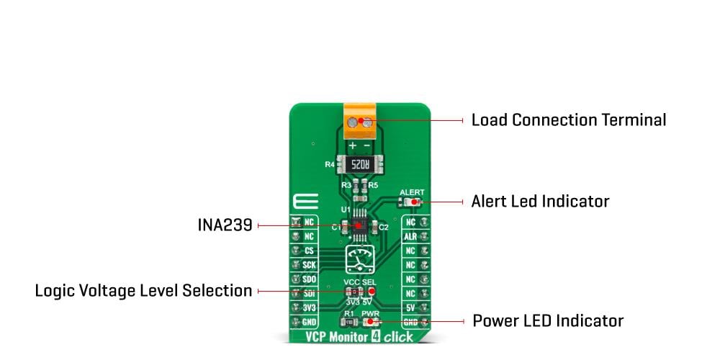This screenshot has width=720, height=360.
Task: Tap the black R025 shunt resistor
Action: point(360,164)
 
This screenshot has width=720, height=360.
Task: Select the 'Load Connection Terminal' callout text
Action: point(568,120)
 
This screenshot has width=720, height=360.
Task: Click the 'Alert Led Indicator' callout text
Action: point(540,202)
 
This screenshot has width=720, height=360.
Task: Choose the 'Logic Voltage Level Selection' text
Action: point(143,291)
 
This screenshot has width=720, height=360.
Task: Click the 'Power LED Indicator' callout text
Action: point(547,321)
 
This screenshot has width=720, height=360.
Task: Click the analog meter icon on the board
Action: point(359,258)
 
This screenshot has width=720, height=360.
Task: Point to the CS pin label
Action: point(309,251)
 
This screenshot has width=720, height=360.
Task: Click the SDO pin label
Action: point(309,279)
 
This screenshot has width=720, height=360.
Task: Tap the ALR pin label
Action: point(410,237)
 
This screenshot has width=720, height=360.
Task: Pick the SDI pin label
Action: point(309,293)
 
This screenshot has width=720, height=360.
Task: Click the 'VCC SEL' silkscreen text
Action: point(360,281)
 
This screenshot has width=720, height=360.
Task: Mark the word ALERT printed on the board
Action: point(412,193)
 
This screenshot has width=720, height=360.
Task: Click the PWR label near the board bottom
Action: point(370,313)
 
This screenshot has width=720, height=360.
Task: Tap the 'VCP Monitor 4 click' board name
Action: point(359,336)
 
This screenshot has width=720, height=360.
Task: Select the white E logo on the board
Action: point(302,202)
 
